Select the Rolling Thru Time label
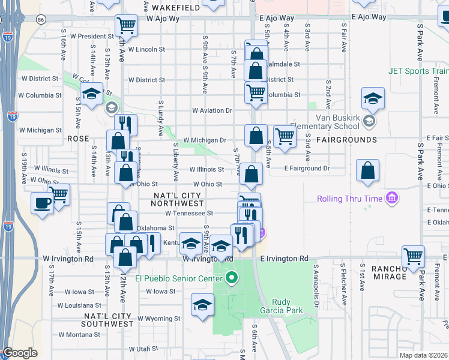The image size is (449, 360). pos(351,198)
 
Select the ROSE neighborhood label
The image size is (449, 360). pos(77,138)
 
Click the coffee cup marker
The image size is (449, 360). pos(42,202)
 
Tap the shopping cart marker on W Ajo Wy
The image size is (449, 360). pos(126,25)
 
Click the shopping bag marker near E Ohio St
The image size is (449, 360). pos(367,170)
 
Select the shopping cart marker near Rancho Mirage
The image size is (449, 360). pos(413,256)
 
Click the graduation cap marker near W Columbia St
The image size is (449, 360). pos(91,94)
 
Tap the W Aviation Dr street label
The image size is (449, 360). pos(212,110)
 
